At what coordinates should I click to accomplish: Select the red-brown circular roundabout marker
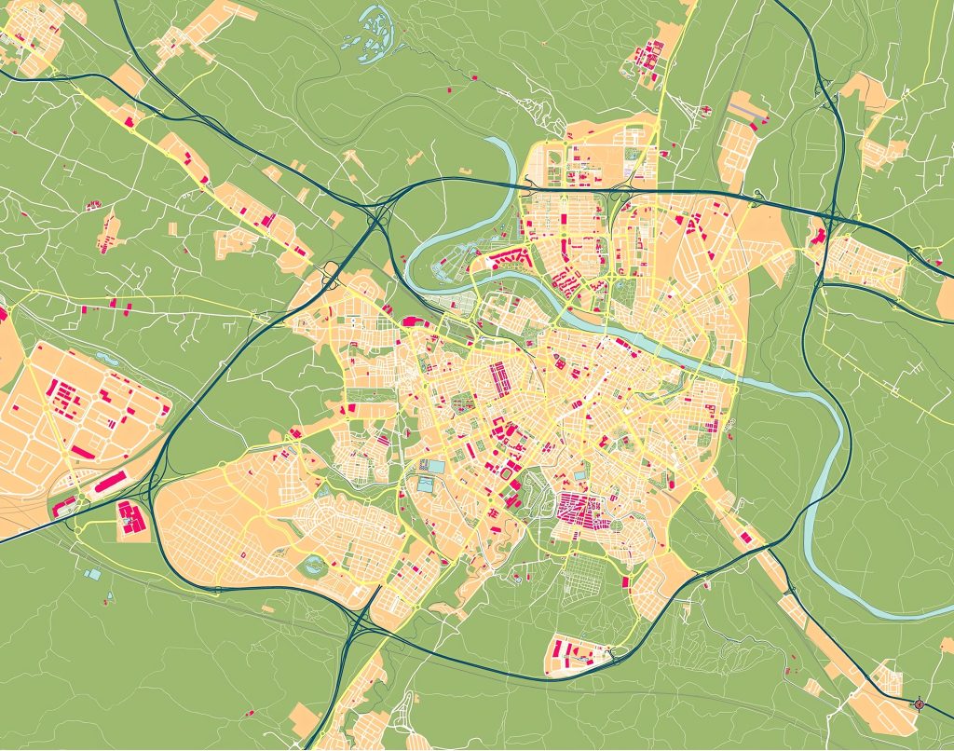coord(920,704)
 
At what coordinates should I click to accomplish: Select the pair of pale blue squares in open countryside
coord(91,574)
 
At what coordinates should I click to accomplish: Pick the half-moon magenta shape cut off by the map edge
coord(3,313)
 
